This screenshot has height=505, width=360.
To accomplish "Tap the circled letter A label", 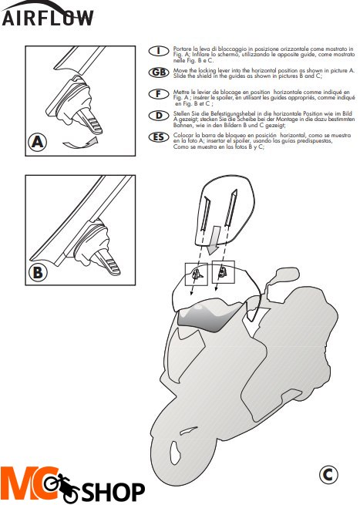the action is pyautogui.click(x=37, y=142).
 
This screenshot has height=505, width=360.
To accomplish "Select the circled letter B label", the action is pyautogui.click(x=38, y=272).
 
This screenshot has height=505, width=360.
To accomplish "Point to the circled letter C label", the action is pyautogui.click(x=328, y=474).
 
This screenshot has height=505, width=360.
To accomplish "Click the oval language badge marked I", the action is pyautogui.click(x=159, y=51).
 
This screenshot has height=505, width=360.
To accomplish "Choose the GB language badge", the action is pyautogui.click(x=159, y=72).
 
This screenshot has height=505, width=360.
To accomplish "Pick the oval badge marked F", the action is pyautogui.click(x=159, y=94).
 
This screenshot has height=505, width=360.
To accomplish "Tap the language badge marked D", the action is pyautogui.click(x=159, y=116).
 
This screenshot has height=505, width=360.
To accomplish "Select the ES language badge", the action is pyautogui.click(x=159, y=137).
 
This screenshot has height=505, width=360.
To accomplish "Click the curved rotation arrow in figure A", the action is pyautogui.click(x=80, y=143).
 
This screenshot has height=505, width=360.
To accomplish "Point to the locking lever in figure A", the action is pyautogui.click(x=91, y=121).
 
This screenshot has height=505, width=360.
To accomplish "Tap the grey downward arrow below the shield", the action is pyautogui.click(x=214, y=240).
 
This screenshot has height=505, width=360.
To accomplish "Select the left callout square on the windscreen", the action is pyautogui.click(x=197, y=274).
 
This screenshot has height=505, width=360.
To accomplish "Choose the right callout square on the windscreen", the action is pyautogui.click(x=223, y=272).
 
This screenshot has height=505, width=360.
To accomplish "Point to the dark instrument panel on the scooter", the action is pyautogui.click(x=210, y=317).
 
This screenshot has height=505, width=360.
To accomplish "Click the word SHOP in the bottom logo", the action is pyautogui.click(x=113, y=491).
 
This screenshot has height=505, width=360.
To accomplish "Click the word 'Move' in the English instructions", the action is pyautogui.click(x=180, y=70).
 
